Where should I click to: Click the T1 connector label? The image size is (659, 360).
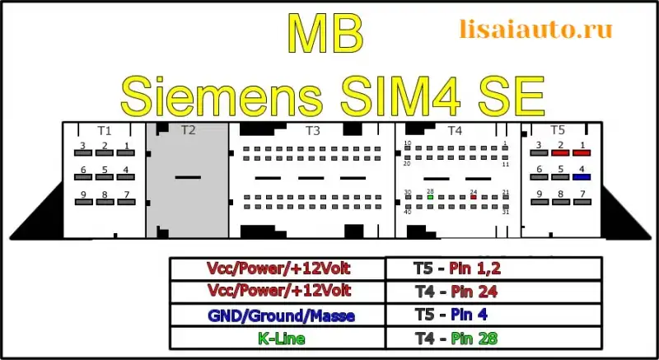point(104,130)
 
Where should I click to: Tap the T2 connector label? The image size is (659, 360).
point(188,130)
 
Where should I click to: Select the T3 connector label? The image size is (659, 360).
point(312,130)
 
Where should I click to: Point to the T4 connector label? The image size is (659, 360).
point(455,130)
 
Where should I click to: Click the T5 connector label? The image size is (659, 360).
point(558,130)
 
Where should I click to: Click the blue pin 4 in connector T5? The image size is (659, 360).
point(582,176)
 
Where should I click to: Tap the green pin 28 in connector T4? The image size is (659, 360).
point(431,197)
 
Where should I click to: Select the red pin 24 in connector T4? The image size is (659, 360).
point(473,197)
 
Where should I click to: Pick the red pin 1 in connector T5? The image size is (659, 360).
point(582,152)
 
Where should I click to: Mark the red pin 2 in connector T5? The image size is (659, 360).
point(561,152)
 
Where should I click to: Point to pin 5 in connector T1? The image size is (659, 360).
point(105,177)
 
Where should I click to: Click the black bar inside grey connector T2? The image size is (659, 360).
point(188,177)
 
